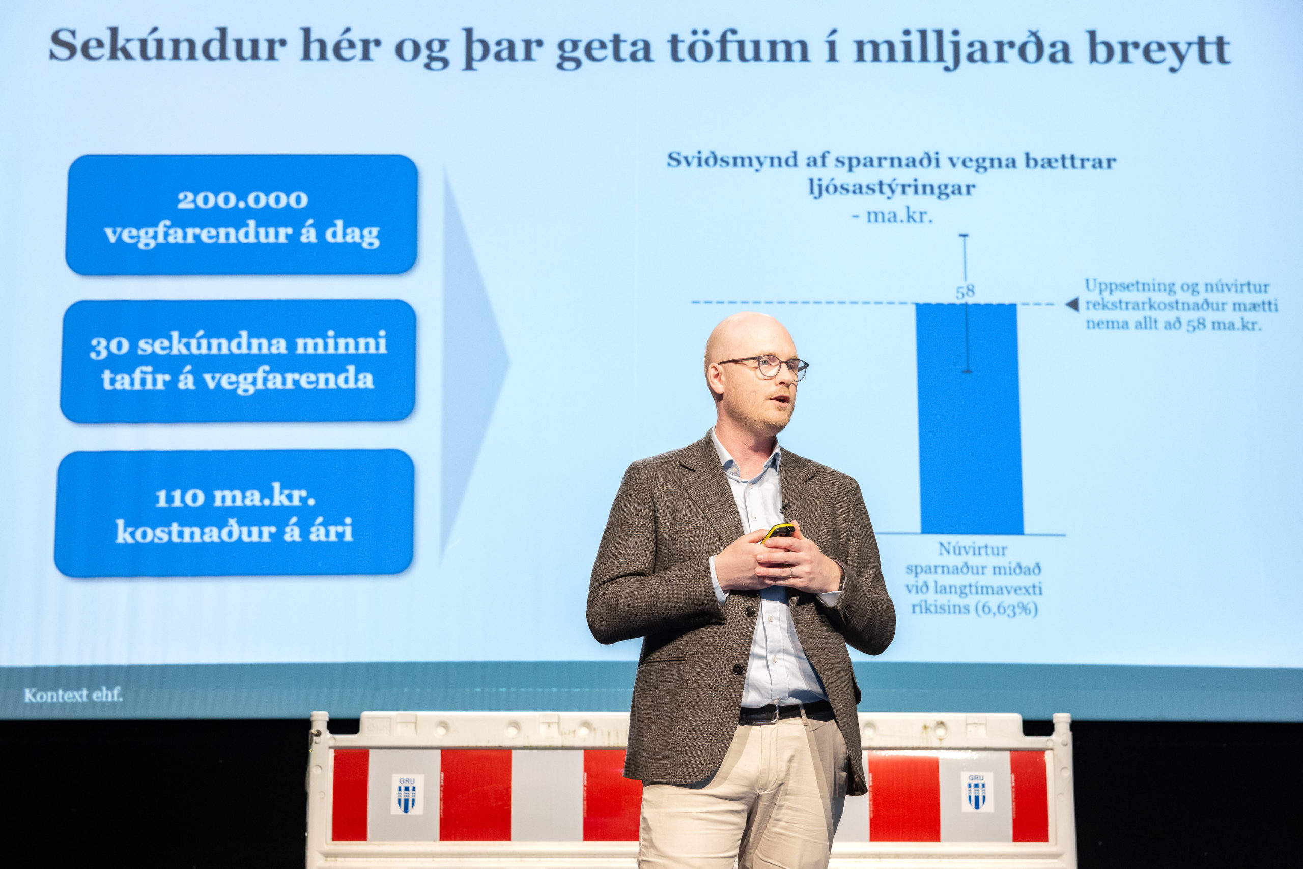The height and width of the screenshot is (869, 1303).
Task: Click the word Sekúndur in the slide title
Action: coord(167,45)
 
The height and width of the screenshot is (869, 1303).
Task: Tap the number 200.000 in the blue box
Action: coord(242,199)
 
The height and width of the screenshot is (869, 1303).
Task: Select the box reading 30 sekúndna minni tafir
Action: coord(238,361)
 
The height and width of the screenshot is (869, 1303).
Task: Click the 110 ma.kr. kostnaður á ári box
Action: coord(234,513)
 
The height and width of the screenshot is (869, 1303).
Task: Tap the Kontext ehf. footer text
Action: coord(73,695)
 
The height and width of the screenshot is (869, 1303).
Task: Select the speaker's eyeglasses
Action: coord(765,367)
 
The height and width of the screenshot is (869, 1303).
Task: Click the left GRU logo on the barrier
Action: coord(407,794)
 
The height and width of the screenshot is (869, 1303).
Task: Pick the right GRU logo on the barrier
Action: coord(976,792)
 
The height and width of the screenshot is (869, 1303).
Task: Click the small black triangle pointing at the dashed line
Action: coord(1072,304)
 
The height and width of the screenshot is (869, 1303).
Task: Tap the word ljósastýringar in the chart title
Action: coord(892,188)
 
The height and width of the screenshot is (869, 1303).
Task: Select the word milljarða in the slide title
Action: coord(962,49)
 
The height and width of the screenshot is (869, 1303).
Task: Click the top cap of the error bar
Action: coord(964,236)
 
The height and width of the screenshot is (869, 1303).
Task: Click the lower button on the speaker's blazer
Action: coord(738,670)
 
